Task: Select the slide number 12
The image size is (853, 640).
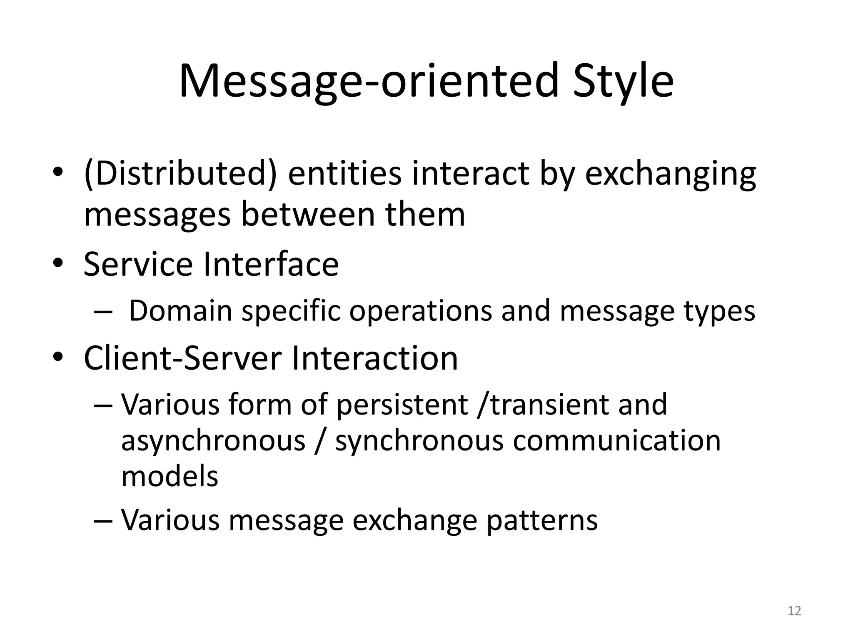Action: [x=794, y=611]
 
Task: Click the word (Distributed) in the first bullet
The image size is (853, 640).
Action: [x=180, y=174]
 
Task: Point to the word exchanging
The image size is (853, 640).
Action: [x=670, y=174]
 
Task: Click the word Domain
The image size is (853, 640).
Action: [x=180, y=311]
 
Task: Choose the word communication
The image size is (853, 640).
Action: [x=616, y=440]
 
